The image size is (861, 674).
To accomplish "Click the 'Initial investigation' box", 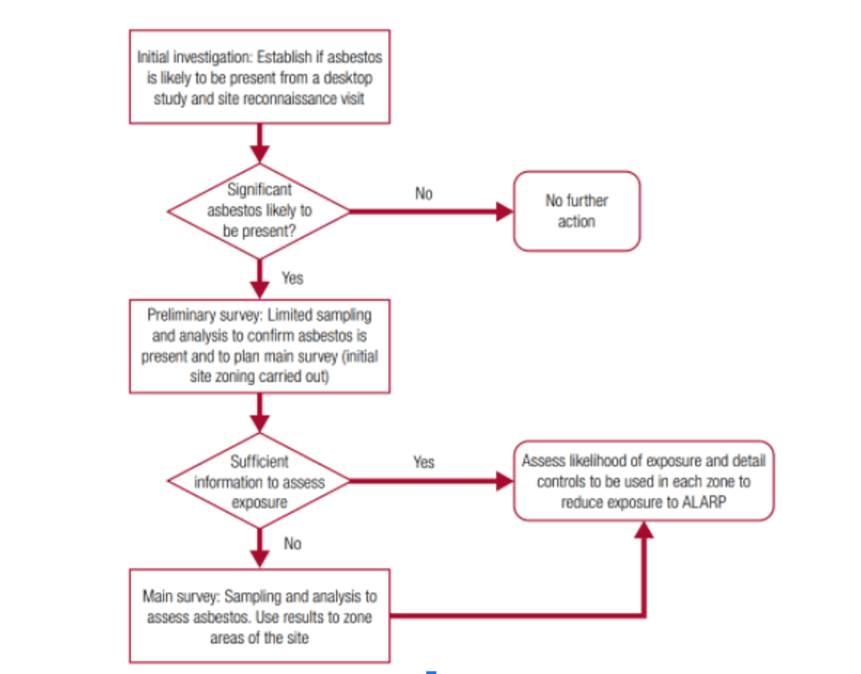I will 259,77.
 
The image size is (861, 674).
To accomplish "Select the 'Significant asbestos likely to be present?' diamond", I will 259,211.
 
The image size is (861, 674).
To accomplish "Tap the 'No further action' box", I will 576,211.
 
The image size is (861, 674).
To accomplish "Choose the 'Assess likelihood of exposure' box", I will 643,481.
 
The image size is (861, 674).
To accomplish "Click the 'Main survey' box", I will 259,617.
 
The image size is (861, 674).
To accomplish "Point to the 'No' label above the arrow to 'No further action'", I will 424,194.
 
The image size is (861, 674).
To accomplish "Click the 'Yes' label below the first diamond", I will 292,277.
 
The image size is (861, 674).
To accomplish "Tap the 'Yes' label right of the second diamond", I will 424,462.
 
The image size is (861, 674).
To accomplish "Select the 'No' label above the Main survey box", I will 292,544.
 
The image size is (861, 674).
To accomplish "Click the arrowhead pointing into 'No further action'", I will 505,211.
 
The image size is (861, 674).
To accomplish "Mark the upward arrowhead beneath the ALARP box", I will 643,531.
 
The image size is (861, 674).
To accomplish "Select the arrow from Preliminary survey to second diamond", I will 259,412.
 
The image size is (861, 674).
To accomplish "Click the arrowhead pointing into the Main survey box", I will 259,560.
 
